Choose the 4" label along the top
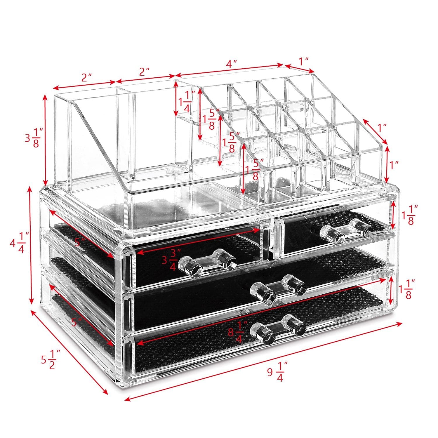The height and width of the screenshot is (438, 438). (231, 64)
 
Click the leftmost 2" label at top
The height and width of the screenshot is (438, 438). (86, 77)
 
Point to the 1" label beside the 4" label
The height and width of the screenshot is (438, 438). (304, 61)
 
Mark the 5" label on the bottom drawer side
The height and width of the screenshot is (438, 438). (77, 323)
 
